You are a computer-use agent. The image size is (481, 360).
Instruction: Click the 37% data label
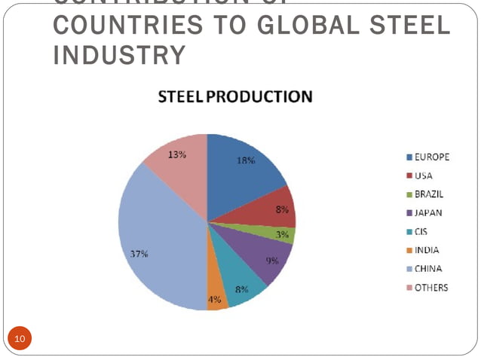[139, 254]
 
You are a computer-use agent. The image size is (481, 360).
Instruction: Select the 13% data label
[178, 154]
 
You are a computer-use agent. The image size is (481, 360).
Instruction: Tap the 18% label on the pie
[247, 160]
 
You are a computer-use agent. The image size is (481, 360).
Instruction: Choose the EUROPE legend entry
[427, 157]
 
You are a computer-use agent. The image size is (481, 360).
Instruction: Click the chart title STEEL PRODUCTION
[234, 97]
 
